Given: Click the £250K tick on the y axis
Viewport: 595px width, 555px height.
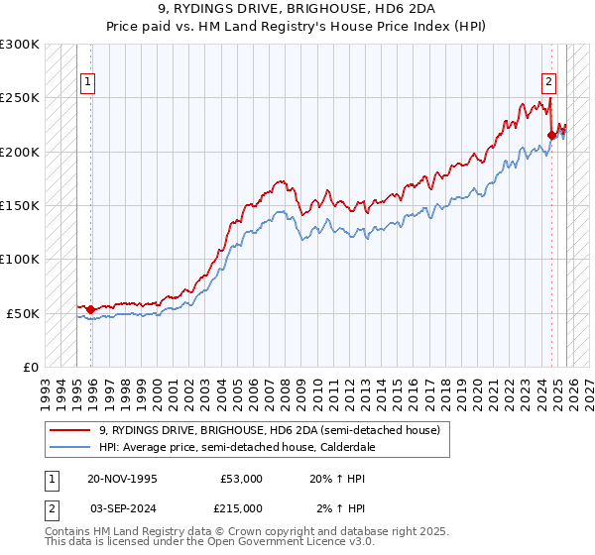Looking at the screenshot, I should click(20, 98).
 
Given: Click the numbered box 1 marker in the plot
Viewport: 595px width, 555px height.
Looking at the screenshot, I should click(89, 83).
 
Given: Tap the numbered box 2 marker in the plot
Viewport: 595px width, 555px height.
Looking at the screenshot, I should click(548, 83).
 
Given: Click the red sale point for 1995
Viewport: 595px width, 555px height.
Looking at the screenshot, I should click(91, 310).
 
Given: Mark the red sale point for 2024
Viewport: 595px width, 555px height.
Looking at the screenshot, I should click(552, 136).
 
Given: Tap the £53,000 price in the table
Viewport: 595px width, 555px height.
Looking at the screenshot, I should click(241, 479).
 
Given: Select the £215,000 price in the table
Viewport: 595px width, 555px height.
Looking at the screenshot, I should click(241, 507).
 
